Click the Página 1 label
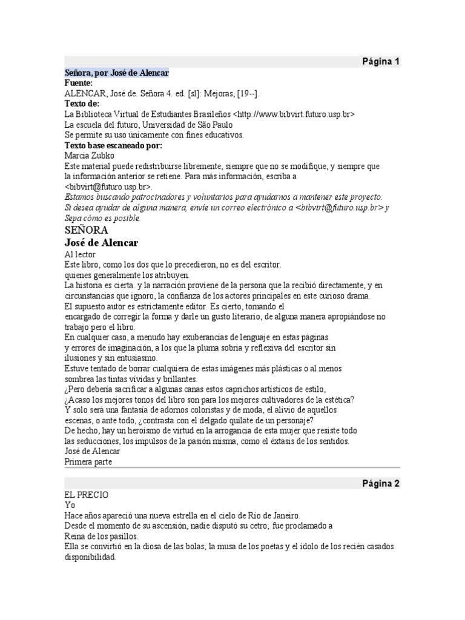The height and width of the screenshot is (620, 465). tap(381, 62)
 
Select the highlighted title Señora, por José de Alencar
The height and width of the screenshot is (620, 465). tap(117, 73)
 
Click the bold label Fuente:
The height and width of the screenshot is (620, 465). tap(79, 83)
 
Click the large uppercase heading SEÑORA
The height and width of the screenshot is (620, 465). tap(87, 230)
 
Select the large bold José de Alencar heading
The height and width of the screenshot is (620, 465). tap(102, 243)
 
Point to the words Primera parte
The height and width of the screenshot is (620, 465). tap(88, 462)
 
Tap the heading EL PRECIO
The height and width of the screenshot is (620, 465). tap(87, 495)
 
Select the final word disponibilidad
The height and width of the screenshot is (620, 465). tap(90, 556)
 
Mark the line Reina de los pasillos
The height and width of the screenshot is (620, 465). tap(102, 536)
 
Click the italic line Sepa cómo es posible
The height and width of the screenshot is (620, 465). tap(102, 218)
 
